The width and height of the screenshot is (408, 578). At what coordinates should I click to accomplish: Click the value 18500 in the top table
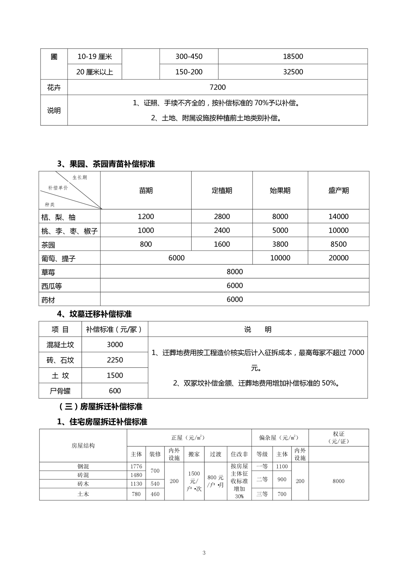293,57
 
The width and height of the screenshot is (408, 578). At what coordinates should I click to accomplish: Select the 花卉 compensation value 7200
218,87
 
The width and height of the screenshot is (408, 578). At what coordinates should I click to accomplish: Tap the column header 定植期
222,191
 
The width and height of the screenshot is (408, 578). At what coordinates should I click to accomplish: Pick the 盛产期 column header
338,191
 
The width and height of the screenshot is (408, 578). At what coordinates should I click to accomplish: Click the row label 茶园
48,245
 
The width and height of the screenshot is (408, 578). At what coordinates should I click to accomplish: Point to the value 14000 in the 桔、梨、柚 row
338,217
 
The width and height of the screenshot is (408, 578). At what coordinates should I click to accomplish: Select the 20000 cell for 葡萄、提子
338,258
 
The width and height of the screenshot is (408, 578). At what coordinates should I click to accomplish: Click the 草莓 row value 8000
235,272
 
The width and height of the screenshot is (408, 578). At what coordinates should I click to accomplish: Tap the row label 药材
48,300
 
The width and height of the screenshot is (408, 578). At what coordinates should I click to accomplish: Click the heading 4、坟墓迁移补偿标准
95,314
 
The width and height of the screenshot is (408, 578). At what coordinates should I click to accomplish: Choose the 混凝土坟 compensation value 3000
115,345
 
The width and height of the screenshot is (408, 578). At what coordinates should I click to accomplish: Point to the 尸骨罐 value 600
115,391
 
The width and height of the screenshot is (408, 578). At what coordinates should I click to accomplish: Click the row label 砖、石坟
60,360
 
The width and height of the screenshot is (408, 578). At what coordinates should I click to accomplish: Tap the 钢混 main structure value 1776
136,467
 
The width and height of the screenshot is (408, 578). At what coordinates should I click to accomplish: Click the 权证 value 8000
338,481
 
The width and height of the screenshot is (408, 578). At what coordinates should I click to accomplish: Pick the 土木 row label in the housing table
83,494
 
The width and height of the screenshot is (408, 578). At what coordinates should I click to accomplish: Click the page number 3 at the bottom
204,553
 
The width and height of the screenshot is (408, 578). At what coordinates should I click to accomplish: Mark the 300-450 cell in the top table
189,57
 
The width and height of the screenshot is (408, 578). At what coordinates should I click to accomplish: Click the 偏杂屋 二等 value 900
282,479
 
